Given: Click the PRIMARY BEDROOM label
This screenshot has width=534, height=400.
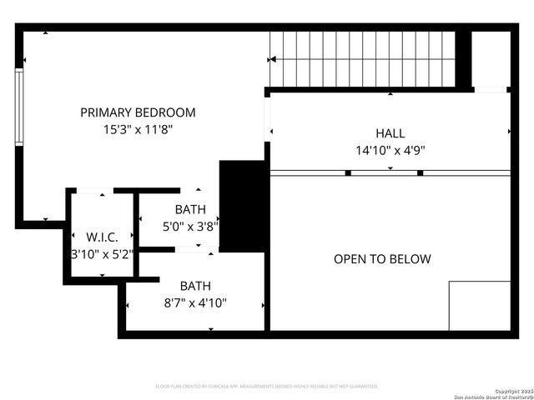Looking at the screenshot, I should tap(138, 112).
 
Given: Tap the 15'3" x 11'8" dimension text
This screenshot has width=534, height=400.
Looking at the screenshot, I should tap(138, 130).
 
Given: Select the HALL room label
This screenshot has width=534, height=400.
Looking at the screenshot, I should tap(390, 133).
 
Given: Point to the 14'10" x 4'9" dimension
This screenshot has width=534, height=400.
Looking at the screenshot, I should tap(390, 151).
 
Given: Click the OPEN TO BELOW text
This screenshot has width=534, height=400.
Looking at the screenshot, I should tap(382, 259).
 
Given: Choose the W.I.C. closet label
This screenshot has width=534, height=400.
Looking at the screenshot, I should tap(102, 237).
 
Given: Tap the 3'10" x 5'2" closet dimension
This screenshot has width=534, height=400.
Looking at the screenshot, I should tap(102, 254).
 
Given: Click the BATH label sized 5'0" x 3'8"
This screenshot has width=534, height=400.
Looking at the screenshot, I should tap(189, 210).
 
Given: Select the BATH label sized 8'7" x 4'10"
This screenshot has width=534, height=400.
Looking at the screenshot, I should tap(195, 285).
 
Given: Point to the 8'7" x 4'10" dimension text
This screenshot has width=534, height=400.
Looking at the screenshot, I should tap(195, 302).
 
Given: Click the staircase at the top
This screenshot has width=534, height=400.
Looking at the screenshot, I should tap(363, 58).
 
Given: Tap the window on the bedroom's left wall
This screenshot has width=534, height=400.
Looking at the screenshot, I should tap(18, 108).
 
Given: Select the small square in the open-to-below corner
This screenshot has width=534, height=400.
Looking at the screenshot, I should tap(479, 306).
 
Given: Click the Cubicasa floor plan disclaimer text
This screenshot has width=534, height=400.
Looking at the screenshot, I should tap(267, 387).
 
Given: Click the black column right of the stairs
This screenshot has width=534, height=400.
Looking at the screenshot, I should tap(463, 59).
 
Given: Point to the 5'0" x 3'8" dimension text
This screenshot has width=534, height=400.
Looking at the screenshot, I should tap(189, 226).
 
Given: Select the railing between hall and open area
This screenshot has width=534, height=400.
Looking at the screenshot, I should tap(390, 172).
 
